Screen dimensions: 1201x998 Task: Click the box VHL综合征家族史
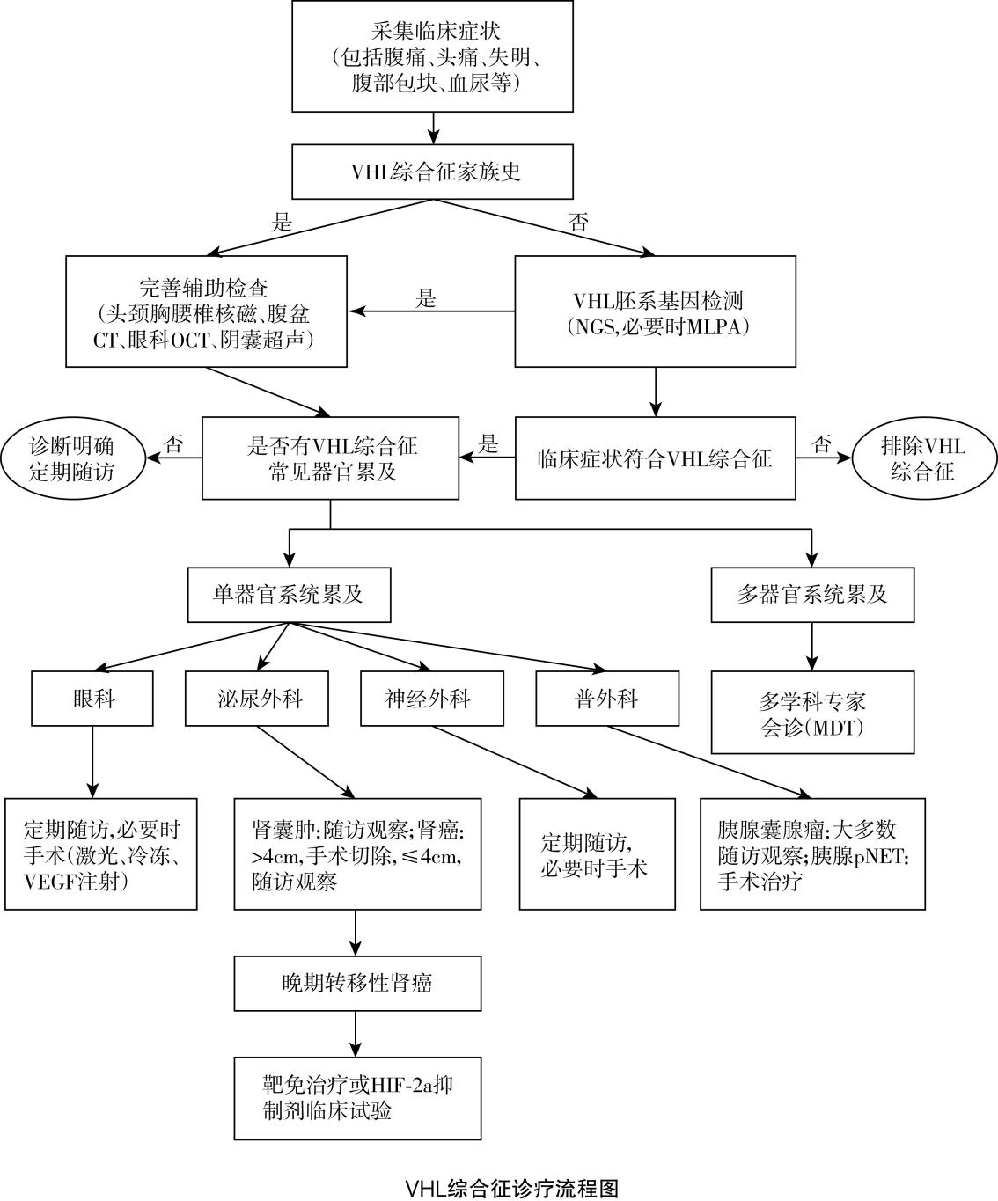(432, 172)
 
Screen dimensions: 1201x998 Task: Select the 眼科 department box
(92, 699)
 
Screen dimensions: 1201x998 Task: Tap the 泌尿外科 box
(257, 699)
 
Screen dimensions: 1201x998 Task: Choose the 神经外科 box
(432, 699)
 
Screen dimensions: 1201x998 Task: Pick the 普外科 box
(607, 699)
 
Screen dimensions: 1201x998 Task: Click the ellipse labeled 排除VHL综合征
(921, 458)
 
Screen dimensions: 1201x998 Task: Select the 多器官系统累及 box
(811, 595)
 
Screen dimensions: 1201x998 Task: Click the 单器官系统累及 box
(289, 595)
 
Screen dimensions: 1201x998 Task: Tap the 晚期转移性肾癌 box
(357, 983)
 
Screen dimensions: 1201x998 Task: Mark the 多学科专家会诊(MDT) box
(811, 714)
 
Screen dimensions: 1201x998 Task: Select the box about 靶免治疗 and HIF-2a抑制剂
(357, 1098)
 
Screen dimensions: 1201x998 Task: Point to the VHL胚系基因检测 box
(655, 311)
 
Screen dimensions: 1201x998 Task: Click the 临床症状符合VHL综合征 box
(655, 458)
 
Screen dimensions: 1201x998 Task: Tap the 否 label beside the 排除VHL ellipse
(821, 444)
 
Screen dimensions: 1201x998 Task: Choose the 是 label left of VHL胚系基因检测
(426, 299)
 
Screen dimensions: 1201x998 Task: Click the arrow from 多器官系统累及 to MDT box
(811, 647)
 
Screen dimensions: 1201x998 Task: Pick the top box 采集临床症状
(432, 56)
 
